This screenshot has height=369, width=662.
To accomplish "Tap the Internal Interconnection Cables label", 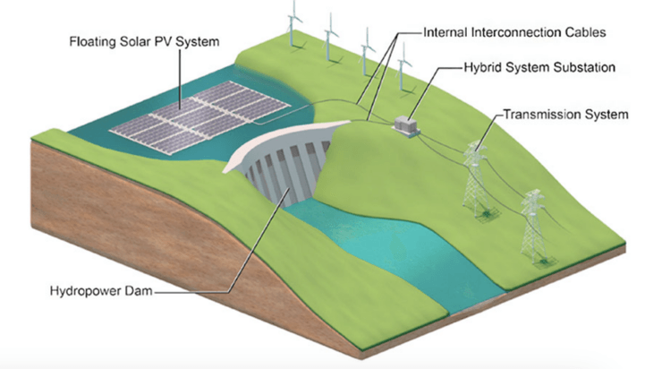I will click(513, 32).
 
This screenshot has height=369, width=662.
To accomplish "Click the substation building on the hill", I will click(407, 125).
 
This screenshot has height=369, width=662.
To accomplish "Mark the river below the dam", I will click(385, 251).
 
